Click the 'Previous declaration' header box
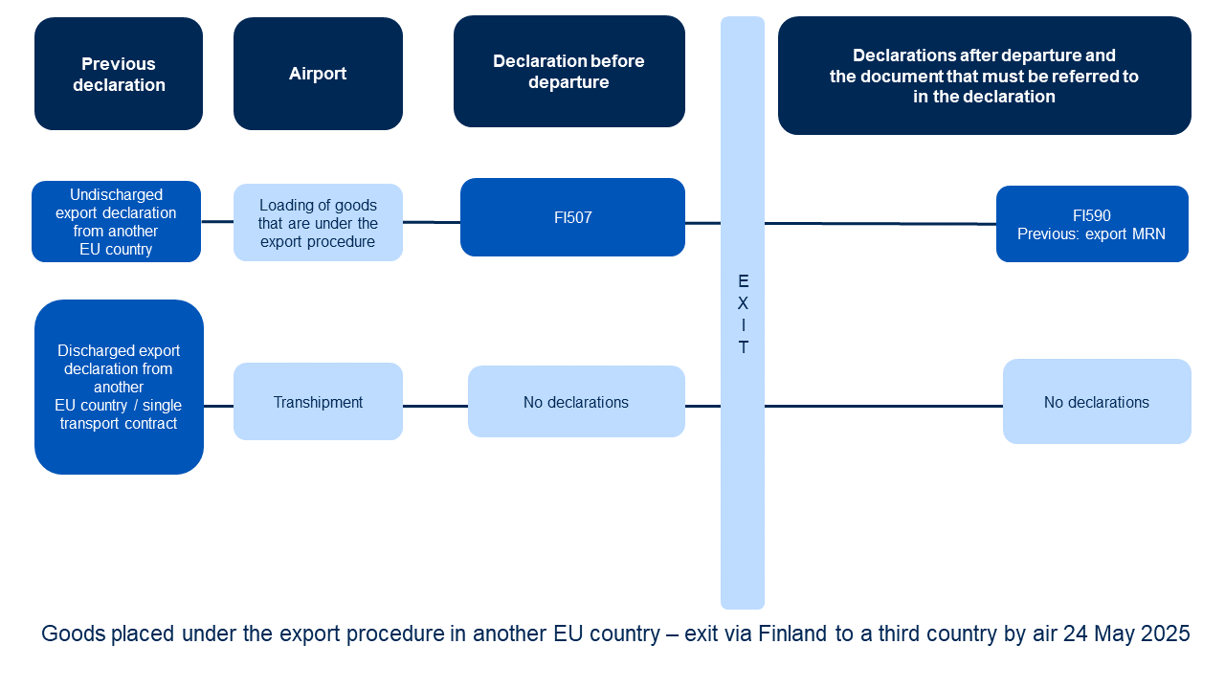(x=119, y=74)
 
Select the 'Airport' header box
(x=318, y=74)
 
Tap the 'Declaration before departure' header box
(x=569, y=72)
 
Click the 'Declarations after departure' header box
(x=985, y=76)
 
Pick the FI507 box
(x=572, y=217)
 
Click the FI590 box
(x=1092, y=224)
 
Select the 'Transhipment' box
(x=318, y=401)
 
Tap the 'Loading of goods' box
(x=318, y=223)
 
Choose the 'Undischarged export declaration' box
(x=117, y=221)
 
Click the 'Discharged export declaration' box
(x=119, y=388)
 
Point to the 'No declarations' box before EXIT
(x=576, y=401)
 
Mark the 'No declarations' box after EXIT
(x=1097, y=401)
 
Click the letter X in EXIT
(x=743, y=303)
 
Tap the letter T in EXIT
(x=743, y=347)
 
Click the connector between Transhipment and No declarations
(x=435, y=407)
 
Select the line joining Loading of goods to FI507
(x=432, y=222)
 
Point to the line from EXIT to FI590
(x=880, y=224)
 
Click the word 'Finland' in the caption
(x=792, y=633)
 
